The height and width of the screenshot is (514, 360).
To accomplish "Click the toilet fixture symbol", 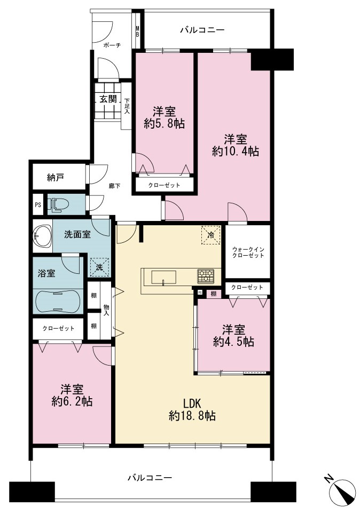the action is click(x=58, y=204).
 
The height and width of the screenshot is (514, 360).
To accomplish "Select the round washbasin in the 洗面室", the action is click(x=42, y=235).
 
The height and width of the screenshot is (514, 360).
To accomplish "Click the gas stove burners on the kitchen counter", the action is click(x=206, y=276).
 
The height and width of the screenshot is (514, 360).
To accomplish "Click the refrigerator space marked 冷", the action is click(x=210, y=235).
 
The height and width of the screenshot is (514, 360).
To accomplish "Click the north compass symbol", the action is click(x=342, y=492).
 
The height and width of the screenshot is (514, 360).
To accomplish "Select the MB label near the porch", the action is click(x=137, y=31).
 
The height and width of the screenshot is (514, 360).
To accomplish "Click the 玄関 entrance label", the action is click(x=108, y=99).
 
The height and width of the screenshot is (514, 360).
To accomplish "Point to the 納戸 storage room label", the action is click(x=55, y=178).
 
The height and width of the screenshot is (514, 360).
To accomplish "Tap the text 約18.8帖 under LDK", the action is click(x=192, y=416).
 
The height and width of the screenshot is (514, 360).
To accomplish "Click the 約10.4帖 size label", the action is click(x=236, y=152).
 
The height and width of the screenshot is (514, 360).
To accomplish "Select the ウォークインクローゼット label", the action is click(x=248, y=252).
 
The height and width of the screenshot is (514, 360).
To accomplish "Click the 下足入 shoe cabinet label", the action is click(x=127, y=106).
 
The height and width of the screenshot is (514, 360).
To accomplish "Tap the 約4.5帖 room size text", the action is click(x=233, y=342).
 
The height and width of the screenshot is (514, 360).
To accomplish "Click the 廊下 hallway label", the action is click(x=114, y=186).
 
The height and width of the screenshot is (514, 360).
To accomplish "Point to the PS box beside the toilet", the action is click(x=38, y=205).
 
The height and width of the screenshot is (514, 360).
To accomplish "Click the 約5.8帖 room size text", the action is click(x=164, y=124).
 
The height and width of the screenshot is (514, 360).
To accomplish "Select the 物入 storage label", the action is click(x=106, y=310).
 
